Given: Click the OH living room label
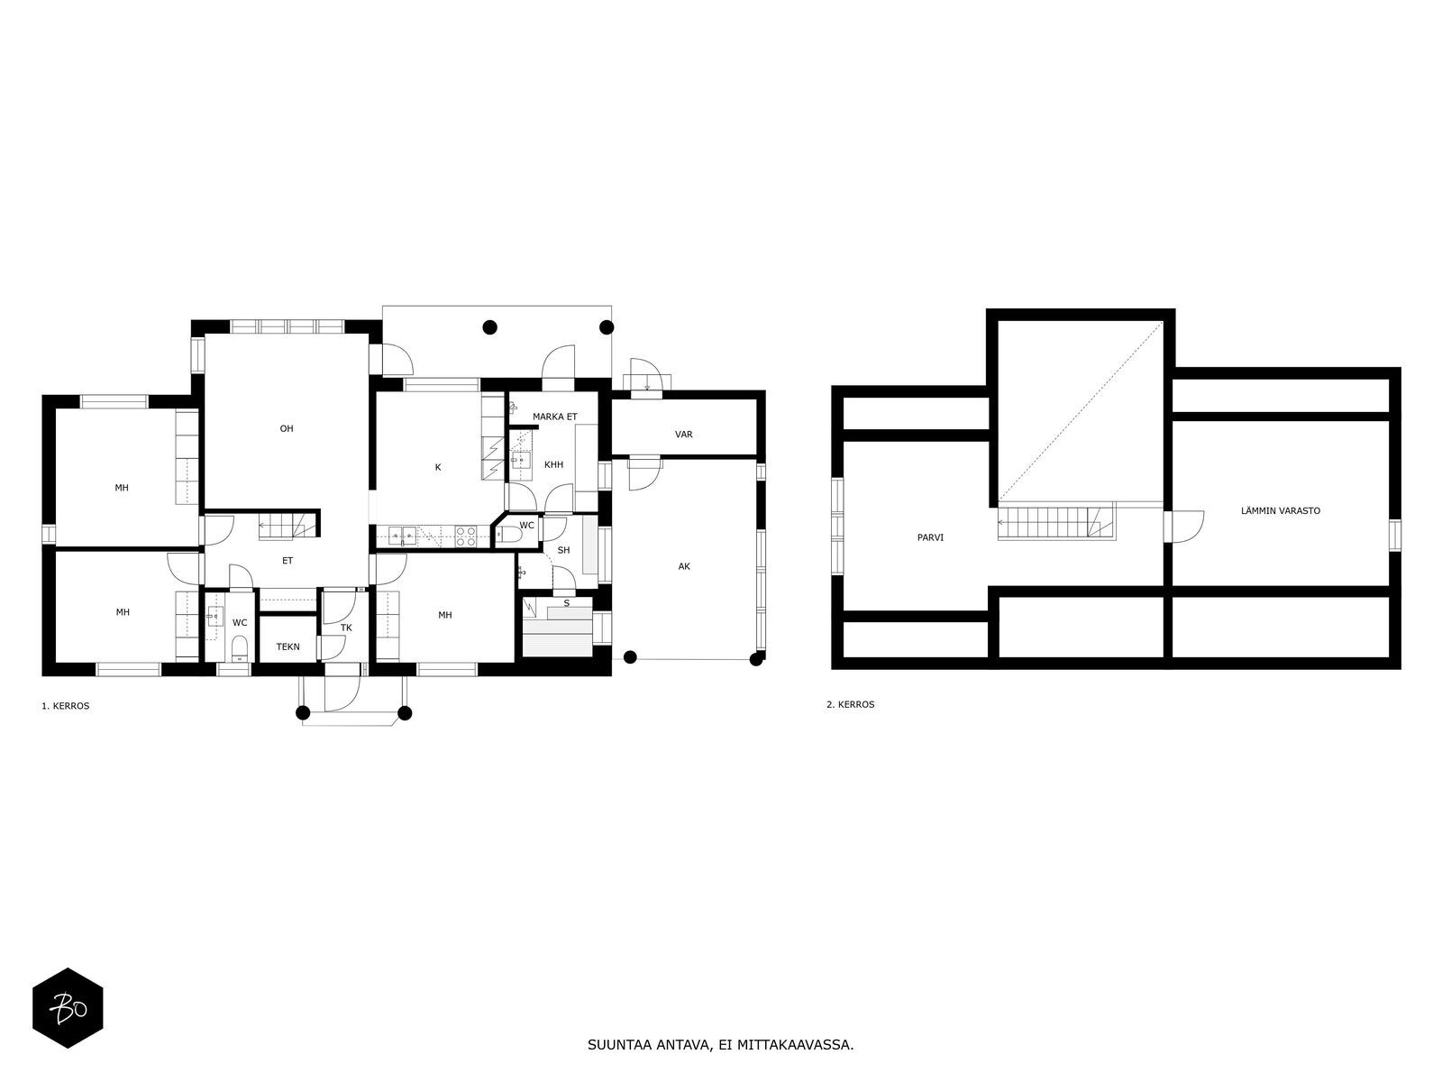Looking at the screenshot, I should pos(287,428).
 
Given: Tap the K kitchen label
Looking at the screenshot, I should pos(438,467).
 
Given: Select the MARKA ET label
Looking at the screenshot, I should pos(554,416).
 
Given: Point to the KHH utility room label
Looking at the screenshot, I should pos(553,465).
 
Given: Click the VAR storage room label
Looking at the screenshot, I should pos(684,435).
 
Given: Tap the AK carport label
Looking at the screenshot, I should pos(684,566).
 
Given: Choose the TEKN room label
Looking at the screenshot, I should pos(287,646).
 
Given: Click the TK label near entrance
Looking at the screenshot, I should pos(346,628).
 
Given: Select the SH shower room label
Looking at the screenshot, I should pos(563,550).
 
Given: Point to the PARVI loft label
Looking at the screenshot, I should pos(931,536).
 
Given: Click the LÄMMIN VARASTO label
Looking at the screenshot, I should pos(1280,510).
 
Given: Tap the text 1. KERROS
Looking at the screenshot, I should pos(65,706).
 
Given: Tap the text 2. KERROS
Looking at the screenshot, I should pos(850,704).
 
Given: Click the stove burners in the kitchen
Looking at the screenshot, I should pos(465,536).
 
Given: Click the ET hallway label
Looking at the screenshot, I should pos(287,561).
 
